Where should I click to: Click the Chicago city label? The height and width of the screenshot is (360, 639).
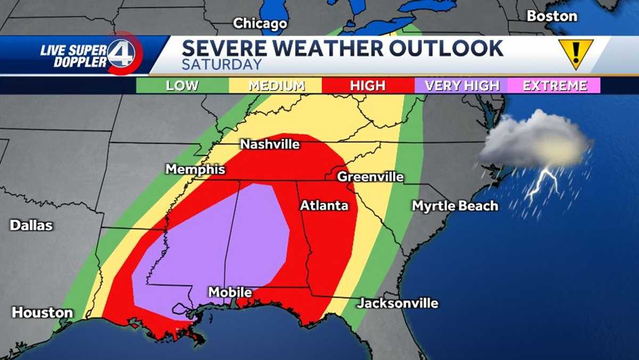260,23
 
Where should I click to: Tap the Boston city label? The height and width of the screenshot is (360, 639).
552,16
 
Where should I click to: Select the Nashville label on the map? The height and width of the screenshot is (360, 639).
270,144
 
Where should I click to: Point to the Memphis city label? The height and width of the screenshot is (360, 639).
195,169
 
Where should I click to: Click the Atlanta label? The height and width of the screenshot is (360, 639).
324,206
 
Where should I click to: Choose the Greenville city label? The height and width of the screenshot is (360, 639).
371,177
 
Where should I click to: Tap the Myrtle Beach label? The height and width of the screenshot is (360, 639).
455,206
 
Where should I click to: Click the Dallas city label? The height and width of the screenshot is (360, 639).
31,225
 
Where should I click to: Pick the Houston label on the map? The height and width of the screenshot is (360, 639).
42,313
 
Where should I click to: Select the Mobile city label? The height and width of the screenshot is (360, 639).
230,292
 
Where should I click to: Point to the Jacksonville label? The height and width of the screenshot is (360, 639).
397,304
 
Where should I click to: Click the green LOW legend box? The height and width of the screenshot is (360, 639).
182,86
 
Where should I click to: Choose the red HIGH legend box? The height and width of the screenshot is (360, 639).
367,86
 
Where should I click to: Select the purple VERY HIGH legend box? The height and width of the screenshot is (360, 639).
461,86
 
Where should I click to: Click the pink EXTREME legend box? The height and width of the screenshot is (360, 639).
554,86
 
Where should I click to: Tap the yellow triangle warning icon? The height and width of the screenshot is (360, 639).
576,53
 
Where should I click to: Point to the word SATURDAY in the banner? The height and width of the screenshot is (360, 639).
222,65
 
